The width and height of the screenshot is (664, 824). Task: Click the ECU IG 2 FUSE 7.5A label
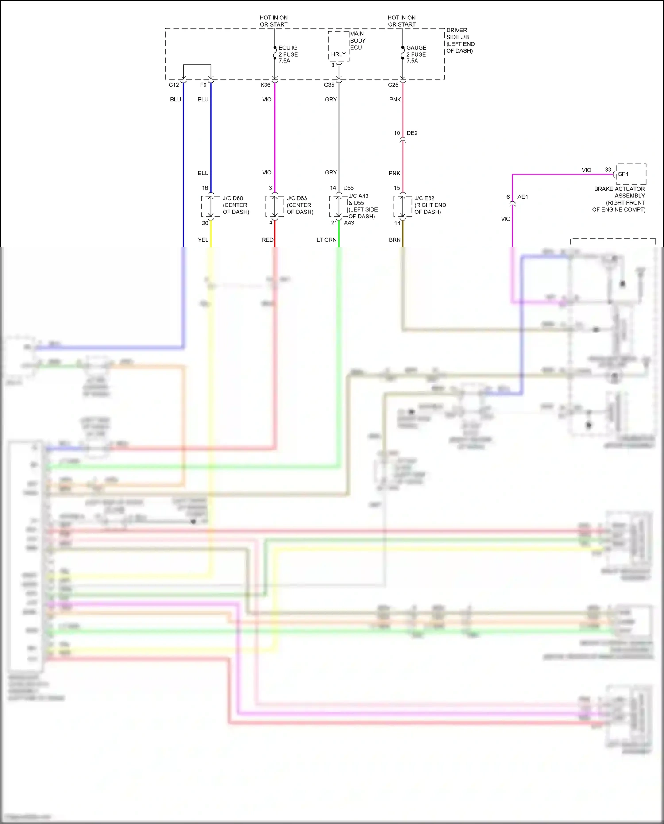coord(288,54)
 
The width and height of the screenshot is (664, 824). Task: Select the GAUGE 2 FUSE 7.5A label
coord(416,54)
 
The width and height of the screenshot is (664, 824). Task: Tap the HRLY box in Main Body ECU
coord(338,54)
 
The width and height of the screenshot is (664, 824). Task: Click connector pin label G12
coord(174,85)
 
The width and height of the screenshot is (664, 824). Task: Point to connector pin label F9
coord(203,85)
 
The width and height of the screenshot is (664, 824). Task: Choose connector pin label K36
coord(265,85)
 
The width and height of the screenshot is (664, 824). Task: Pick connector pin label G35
coord(329,85)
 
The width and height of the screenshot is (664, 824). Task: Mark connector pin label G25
coord(393,85)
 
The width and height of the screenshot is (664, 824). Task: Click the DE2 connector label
coord(412,133)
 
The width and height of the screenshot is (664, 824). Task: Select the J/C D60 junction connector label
coord(235,205)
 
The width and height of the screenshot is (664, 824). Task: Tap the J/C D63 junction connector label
coord(300,205)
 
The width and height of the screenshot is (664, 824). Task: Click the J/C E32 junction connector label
coord(430,205)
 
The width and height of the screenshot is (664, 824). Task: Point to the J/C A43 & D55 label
coord(363,206)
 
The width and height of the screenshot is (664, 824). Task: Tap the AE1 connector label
coord(522,197)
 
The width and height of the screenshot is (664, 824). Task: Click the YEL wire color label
coord(203,240)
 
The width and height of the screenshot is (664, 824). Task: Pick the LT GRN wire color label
coord(326,240)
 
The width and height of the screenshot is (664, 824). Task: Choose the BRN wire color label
coord(394,240)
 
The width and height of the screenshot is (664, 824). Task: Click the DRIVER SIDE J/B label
coord(460,40)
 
